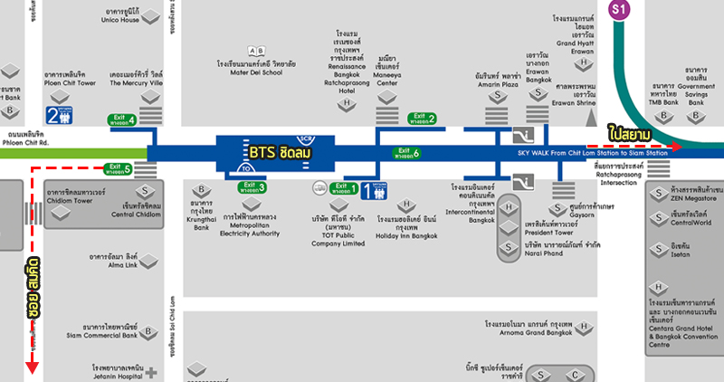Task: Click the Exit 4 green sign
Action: pos(121,119)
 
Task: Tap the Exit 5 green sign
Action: pos(119,167)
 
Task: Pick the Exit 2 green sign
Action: pos(422,118)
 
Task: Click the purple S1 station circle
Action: pos(619,11)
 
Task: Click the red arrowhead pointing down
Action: pos(32,368)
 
